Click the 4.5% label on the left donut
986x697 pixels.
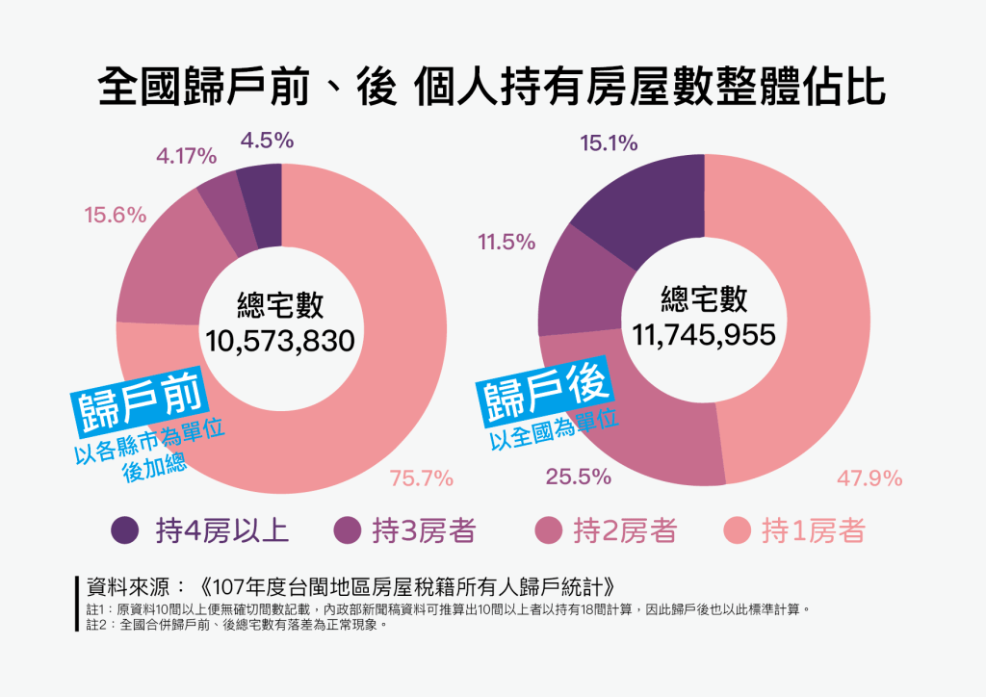(267, 141)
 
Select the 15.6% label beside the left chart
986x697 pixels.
(116, 216)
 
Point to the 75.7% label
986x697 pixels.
(421, 478)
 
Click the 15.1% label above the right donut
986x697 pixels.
(609, 144)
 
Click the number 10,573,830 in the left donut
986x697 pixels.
(280, 340)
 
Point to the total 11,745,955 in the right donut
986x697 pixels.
(704, 334)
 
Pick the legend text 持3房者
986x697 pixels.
(424, 529)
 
